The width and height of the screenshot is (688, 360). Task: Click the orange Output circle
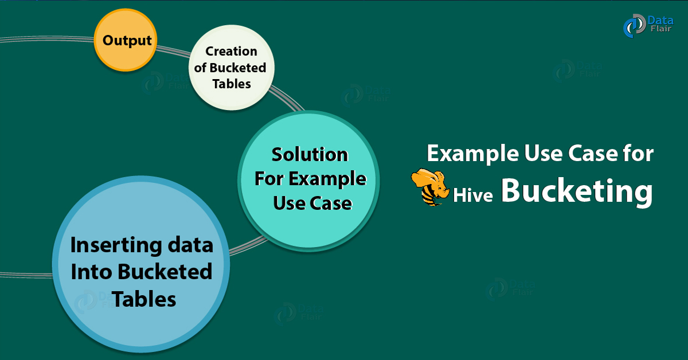(127, 41)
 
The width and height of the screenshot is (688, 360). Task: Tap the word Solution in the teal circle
(310, 155)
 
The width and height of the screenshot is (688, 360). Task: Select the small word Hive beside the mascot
(474, 195)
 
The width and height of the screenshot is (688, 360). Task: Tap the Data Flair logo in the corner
(648, 26)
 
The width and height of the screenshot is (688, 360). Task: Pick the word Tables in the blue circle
(143, 298)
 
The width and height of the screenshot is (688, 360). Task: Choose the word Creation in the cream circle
(231, 52)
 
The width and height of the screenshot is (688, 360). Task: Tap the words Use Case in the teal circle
(312, 202)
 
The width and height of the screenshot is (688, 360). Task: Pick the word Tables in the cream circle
(232, 84)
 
